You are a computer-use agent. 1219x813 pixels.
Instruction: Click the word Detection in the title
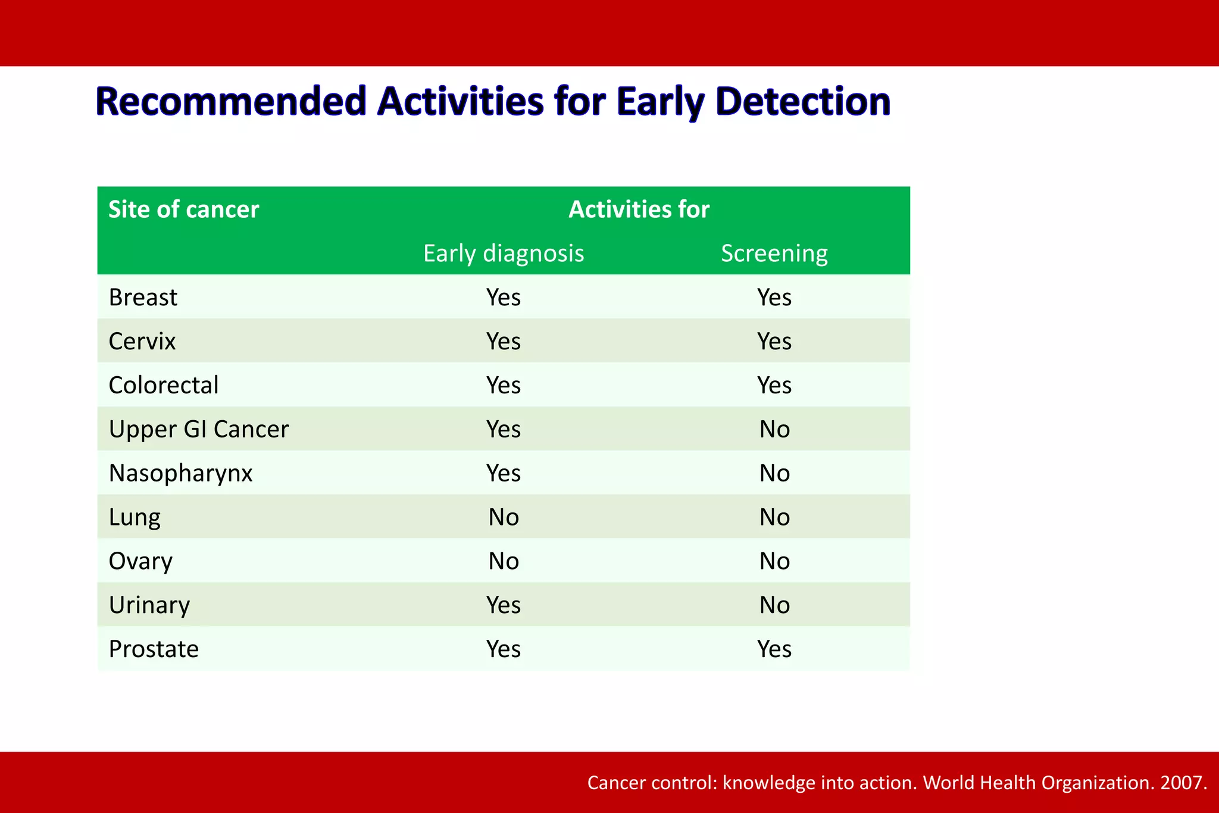803,101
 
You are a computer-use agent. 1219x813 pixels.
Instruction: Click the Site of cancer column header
183,209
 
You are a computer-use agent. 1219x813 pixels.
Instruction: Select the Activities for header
639,209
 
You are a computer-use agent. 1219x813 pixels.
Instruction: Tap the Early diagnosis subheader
504,254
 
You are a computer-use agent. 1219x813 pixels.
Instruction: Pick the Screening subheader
774,254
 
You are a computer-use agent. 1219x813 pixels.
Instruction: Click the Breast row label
143,297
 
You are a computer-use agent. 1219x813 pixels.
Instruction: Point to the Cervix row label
142,341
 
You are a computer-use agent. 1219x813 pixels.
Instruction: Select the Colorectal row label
164,385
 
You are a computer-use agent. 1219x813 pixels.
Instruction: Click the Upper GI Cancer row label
199,429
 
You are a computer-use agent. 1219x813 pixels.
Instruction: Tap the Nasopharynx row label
180,473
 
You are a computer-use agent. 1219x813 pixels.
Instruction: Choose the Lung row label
135,517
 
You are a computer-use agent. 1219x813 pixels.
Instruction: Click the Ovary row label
140,561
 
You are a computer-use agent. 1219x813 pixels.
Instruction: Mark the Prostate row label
154,649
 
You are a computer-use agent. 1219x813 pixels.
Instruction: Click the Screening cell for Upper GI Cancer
774,429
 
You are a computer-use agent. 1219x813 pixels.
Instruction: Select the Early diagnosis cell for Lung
504,517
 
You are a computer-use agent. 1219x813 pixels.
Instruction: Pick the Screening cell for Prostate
774,649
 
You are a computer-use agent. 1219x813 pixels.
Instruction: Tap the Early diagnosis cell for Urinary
504,605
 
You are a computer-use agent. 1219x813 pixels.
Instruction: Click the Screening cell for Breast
774,297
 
